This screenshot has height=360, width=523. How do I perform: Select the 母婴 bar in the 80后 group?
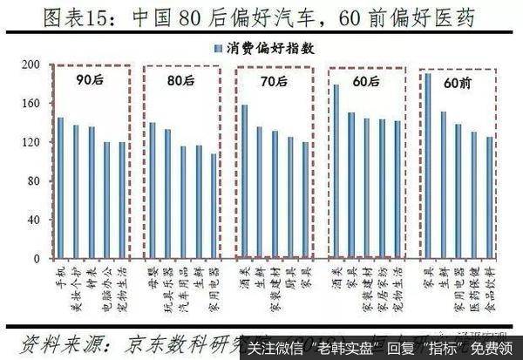point(153,191)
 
